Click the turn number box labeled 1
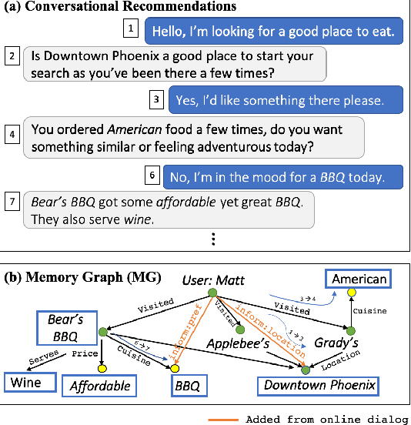(132, 30)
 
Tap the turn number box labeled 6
(152, 176)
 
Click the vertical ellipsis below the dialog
(212, 239)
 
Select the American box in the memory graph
(357, 279)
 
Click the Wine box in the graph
(26, 381)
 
